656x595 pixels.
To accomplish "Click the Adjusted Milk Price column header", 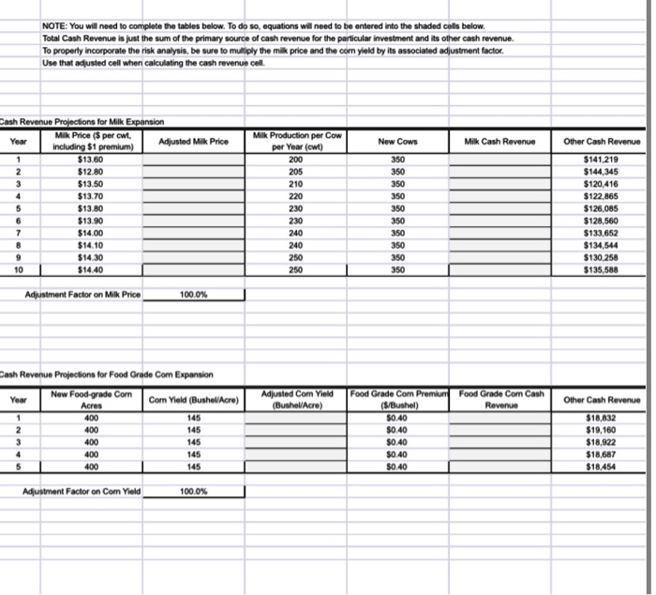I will [x=194, y=141].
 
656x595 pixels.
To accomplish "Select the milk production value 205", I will [x=296, y=172].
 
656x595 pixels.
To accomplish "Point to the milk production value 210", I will [x=296, y=184].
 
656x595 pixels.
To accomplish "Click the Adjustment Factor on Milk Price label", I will [x=82, y=295].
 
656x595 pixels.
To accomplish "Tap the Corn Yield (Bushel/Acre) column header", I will [x=194, y=400].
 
